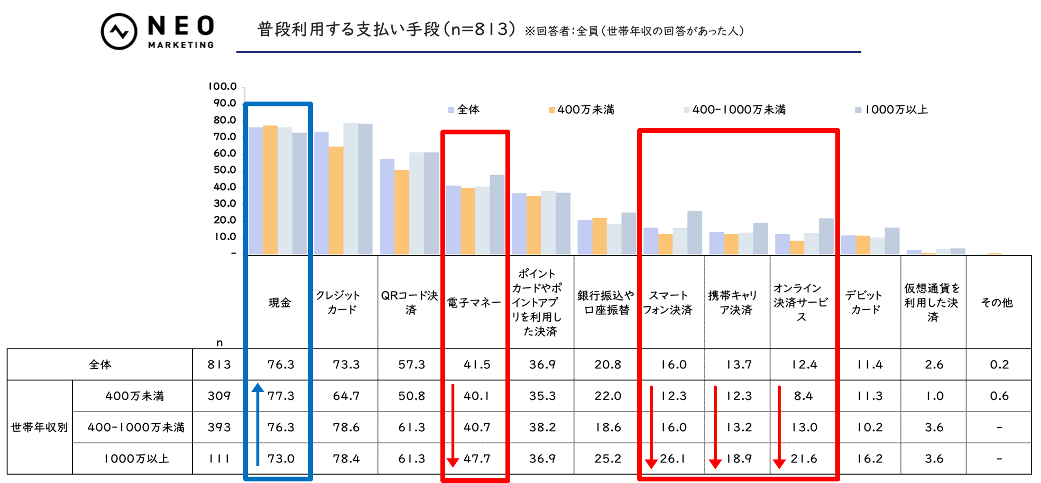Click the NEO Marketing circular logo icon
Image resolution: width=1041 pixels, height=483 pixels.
pos(119,31)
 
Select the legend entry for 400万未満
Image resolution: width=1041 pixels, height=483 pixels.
pos(582,110)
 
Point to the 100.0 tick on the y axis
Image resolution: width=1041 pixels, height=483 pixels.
pos(222,86)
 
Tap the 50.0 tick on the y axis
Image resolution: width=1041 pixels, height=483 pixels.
pos(224,170)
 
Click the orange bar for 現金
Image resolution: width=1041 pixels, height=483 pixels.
pos(270,190)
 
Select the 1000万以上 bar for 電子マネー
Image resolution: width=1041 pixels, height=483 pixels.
pos(497,214)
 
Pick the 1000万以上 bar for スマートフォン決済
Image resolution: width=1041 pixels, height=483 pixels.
pos(695,233)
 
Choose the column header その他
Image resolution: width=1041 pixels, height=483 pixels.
pos(997,302)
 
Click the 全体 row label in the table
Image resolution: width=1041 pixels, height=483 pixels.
pos(100,364)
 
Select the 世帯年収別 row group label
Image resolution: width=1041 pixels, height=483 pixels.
pos(40,427)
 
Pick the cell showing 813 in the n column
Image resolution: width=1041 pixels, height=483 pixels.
pos(219,364)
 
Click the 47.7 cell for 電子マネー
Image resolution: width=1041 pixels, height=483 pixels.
pos(476,459)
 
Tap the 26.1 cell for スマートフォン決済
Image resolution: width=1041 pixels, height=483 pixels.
pos(673,459)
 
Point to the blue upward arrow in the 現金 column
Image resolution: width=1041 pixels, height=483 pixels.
pos(257,423)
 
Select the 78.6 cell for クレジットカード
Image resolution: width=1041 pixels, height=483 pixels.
pos(346,427)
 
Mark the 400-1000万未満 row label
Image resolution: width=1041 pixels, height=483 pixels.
pos(135,427)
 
